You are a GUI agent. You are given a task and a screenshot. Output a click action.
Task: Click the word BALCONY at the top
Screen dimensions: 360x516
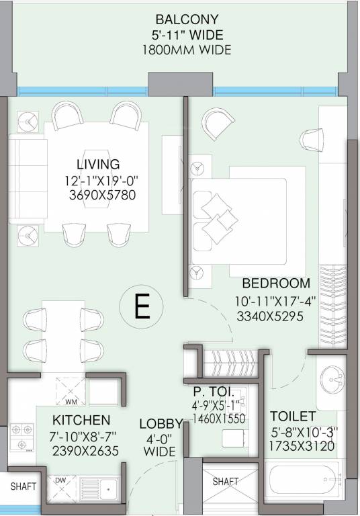pos(187,19)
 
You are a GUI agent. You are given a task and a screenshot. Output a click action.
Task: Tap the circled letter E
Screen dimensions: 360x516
pos(141,306)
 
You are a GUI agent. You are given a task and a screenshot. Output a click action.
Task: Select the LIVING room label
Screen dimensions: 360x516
pos(98,164)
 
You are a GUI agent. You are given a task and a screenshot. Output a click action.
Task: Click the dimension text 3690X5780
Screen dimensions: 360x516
pos(102,195)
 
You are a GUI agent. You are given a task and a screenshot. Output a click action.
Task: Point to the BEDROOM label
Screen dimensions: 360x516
pos(276,284)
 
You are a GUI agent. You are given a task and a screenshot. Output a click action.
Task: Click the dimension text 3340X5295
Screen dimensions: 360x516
pos(270,316)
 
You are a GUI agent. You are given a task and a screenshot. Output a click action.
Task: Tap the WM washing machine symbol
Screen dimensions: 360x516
pos(71,392)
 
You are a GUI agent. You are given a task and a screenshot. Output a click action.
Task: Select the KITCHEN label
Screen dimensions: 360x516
pos(81,420)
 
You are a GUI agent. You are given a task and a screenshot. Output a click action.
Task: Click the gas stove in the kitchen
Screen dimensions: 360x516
pos(21,437)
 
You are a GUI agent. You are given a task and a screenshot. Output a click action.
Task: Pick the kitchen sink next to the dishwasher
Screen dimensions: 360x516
pos(99,488)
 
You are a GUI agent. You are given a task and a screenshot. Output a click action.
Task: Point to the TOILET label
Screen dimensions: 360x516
pos(293,417)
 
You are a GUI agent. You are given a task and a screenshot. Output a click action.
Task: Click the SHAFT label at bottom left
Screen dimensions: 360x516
pos(23,486)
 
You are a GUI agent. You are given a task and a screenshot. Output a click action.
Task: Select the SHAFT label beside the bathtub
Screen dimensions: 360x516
pos(226,482)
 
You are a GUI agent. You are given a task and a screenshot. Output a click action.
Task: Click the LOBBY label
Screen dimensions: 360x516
pos(161,424)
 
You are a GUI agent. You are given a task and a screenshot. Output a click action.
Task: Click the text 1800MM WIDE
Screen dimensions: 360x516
pos(187,50)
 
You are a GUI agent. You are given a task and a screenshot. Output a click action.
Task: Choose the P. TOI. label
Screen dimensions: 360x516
pos(214,392)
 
